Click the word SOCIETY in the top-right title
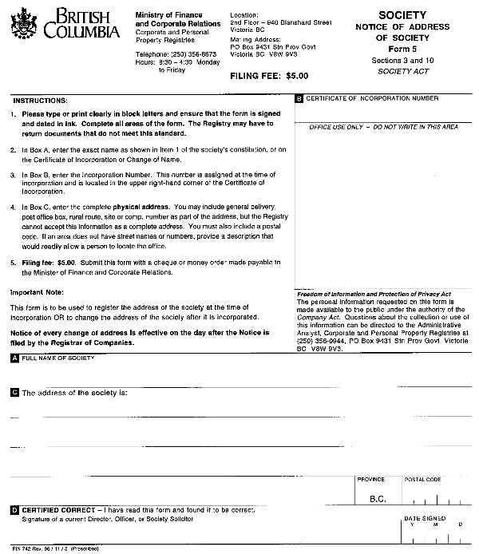402,15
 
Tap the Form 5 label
402,49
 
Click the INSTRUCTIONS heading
40,101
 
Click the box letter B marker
299,99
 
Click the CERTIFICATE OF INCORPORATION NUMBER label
372,99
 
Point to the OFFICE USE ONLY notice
383,127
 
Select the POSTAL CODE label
422,480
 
